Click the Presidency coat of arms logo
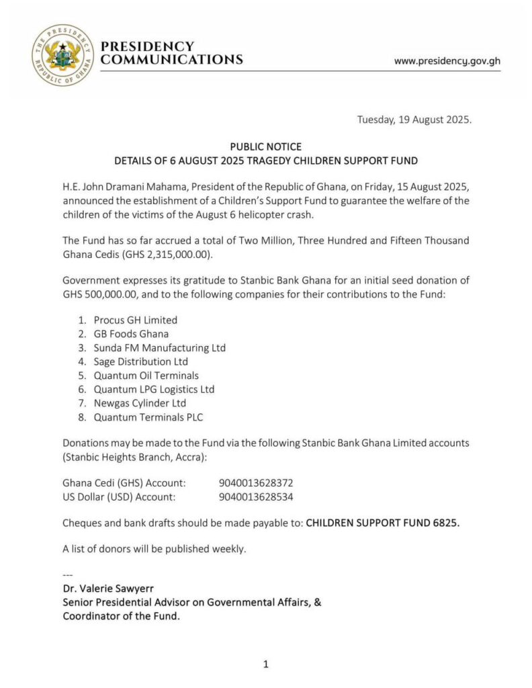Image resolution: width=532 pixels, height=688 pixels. tap(62, 55)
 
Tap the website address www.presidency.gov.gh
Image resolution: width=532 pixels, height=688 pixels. tap(447, 60)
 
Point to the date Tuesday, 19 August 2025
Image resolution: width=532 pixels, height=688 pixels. tap(414, 120)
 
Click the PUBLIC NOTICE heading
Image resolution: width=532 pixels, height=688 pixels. tap(266, 146)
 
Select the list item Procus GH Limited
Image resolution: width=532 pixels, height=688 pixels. tap(135, 320)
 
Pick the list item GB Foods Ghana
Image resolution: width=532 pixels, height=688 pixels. tap(131, 334)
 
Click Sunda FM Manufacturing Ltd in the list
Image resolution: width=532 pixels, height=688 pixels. tap(159, 348)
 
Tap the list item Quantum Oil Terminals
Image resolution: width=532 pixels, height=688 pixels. tap(146, 376)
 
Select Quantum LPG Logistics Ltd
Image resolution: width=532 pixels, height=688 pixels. tap(154, 390)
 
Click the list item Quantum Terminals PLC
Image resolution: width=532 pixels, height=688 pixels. tap(148, 417)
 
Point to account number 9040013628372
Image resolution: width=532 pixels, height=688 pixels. tap(256, 483)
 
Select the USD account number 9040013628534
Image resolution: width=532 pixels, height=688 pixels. tap(256, 497)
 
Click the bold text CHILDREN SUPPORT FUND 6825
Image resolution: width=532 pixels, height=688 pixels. tap(383, 523)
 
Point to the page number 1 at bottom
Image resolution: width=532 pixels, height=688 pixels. tap(266, 664)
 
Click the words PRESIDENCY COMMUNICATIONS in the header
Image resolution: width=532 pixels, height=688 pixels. tap(171, 53)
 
